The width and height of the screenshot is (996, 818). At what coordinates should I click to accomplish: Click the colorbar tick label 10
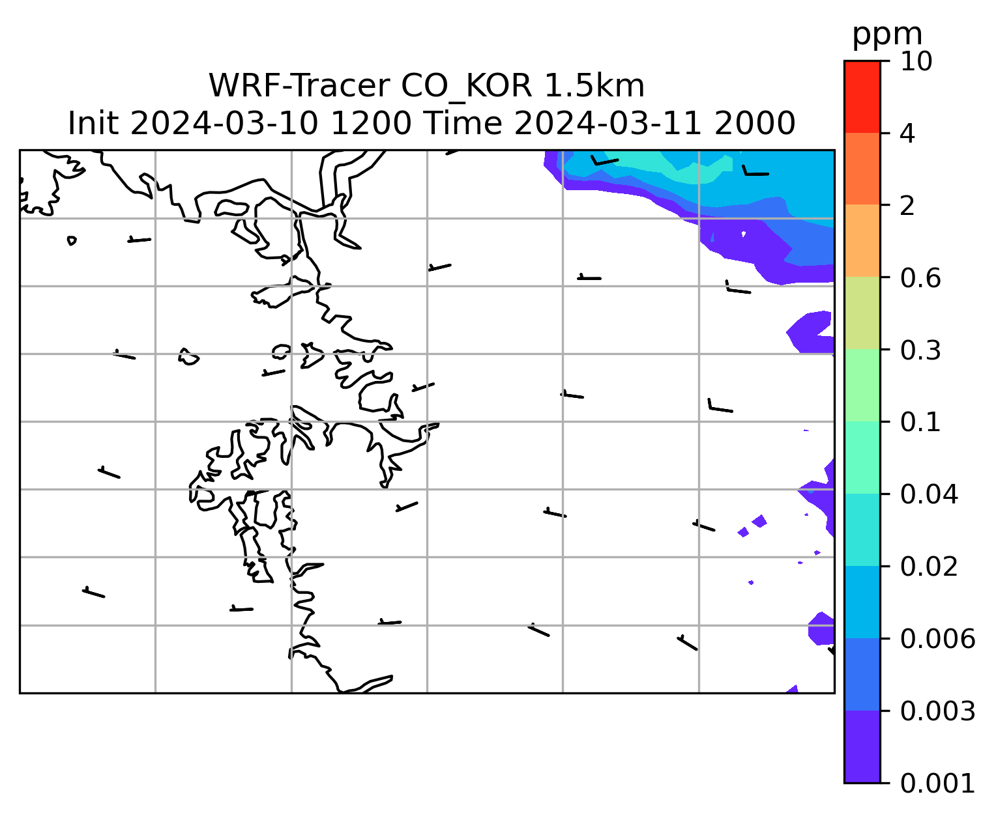coord(916,61)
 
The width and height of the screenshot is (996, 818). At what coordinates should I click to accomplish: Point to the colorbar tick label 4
coord(907,134)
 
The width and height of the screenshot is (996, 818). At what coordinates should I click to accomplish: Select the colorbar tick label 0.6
coord(920,278)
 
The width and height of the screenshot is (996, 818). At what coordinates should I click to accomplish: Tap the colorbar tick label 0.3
coord(920,350)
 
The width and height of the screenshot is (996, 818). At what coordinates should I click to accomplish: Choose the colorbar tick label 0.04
coord(928,494)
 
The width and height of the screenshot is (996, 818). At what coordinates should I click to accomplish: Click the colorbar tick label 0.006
coord(937,638)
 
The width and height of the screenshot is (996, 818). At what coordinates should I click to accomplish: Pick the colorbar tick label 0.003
coord(937,711)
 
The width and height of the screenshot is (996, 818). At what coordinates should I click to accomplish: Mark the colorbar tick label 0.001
coord(937,783)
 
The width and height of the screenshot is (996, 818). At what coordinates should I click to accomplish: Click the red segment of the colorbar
coord(862,97)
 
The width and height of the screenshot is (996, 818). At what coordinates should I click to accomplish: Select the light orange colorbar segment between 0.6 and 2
coord(862,240)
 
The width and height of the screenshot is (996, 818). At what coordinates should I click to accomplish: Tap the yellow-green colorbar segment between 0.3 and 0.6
coord(862,313)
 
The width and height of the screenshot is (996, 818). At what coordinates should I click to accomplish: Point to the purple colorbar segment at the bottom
coord(862,746)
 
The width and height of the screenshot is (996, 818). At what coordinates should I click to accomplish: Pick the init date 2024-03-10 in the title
coord(224,123)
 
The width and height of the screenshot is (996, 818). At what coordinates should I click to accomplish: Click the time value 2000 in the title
coord(755,123)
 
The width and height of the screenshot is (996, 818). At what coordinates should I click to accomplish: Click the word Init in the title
coord(93,123)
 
